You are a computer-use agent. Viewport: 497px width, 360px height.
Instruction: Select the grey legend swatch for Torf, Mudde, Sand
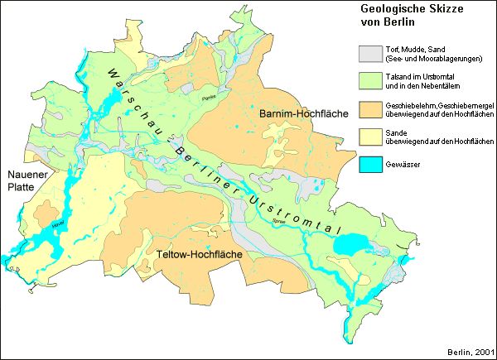click(368, 53)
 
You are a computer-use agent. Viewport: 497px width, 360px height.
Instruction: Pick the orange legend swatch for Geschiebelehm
click(368, 108)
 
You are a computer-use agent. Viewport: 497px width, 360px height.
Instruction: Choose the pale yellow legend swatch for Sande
click(368, 136)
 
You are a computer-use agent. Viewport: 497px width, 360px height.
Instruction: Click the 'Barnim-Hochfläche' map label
click(297, 113)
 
